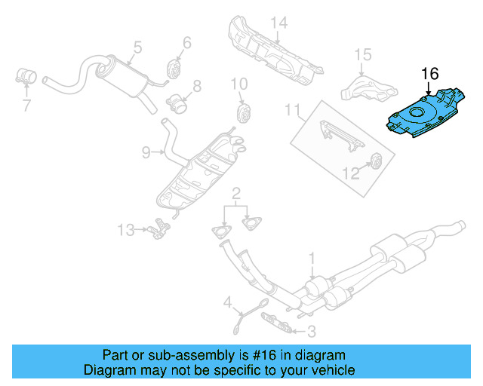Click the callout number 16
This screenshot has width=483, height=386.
pos(429,74)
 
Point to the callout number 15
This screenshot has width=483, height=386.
pos(363,54)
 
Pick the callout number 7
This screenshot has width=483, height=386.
pos(26,106)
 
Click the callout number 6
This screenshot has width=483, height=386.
pos(186,43)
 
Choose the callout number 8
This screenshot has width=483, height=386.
pos(197,87)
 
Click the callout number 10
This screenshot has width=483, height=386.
pos(239,83)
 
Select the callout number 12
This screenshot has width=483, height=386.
pos(351,174)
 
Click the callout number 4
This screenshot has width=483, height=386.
pos(226,303)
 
